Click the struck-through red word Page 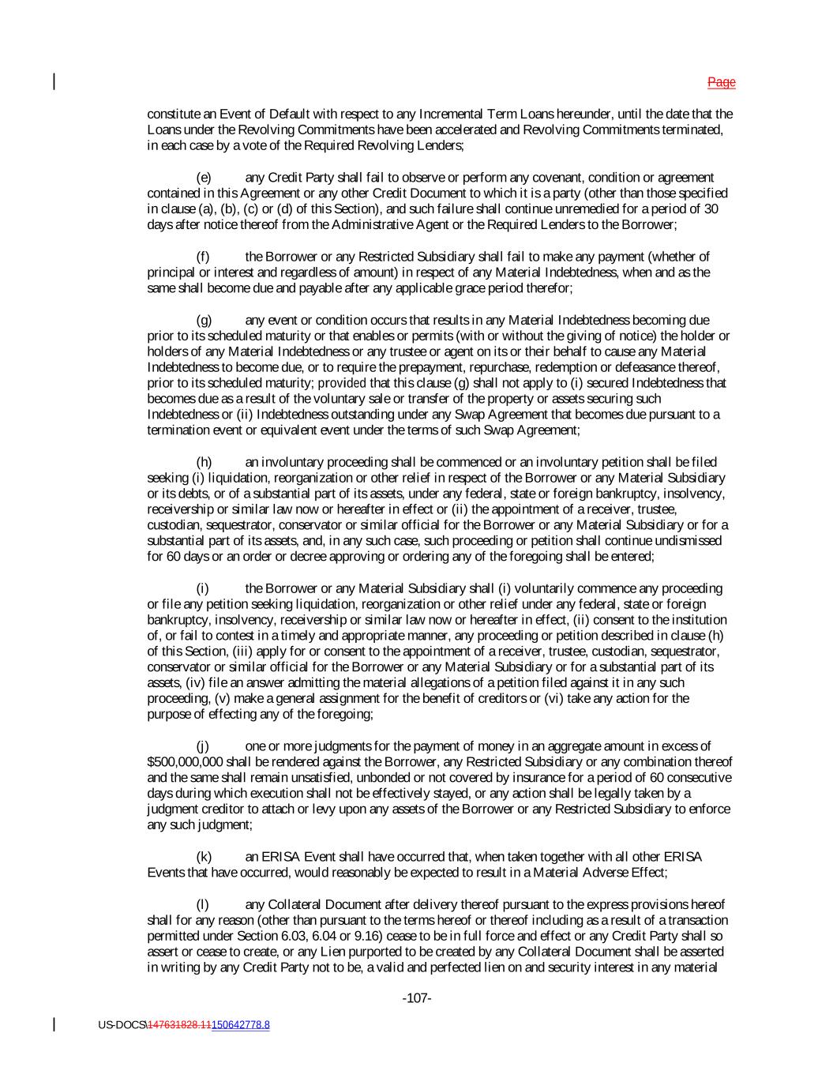[721, 82]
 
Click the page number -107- [416, 998]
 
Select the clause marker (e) [203, 178]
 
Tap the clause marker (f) [202, 257]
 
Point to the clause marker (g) [203, 320]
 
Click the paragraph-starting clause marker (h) [203, 462]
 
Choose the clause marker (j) [202, 746]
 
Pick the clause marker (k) [203, 857]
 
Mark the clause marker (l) [201, 904]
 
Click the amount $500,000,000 [186, 762]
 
